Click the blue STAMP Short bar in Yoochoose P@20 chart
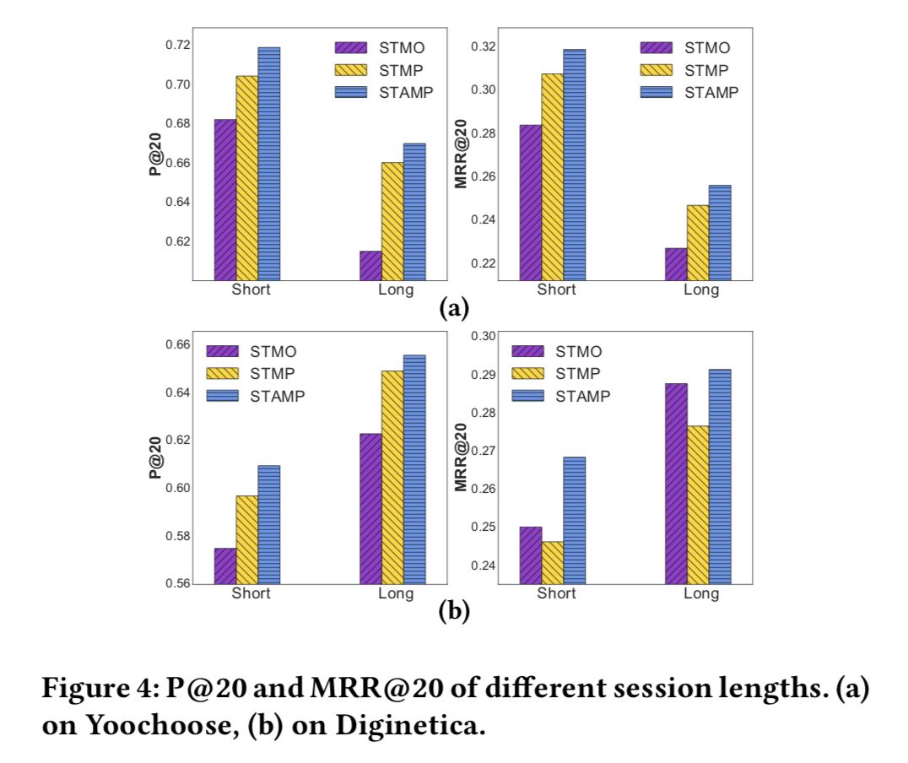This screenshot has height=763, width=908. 268,164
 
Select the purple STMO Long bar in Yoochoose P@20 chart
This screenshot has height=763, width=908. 370,266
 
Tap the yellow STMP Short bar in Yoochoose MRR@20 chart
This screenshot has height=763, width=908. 552,177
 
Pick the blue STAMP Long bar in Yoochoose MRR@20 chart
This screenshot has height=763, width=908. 719,233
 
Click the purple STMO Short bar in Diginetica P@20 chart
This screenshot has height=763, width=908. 224,565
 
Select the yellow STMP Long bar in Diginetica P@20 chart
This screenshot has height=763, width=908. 392,477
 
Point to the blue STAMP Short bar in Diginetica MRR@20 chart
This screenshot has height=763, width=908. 574,520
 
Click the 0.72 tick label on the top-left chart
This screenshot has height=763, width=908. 176,45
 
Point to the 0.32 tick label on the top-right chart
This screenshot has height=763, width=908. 482,46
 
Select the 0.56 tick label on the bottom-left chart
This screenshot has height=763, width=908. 176,583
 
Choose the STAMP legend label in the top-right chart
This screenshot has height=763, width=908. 711,93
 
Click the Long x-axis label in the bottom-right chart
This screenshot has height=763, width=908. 701,594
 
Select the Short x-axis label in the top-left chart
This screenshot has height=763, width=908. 251,290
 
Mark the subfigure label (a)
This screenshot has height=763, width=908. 454,308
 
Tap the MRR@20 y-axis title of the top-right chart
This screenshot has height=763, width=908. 461,153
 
